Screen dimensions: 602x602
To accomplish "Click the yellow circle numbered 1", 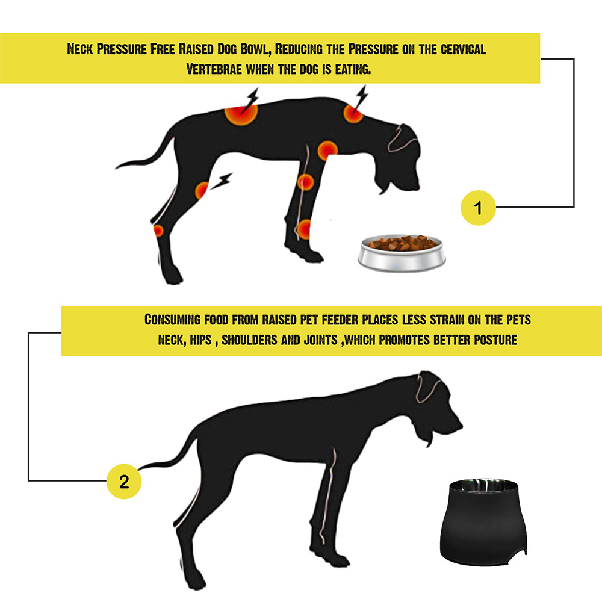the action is [x=478, y=207].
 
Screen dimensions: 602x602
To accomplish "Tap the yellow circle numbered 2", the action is [x=124, y=482].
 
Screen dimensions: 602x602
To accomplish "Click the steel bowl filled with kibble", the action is [x=402, y=253].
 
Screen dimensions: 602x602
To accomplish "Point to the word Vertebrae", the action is [x=214, y=69].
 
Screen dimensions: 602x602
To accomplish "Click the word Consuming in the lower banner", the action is [x=172, y=320].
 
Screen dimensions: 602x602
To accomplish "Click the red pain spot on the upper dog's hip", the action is [x=241, y=113].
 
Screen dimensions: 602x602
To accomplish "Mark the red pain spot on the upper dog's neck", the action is [x=353, y=113].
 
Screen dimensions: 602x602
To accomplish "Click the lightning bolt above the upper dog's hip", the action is [x=252, y=99].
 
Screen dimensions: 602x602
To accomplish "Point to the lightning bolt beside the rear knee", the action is [x=222, y=181].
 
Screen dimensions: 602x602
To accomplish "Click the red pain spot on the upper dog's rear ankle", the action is [x=158, y=231].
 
